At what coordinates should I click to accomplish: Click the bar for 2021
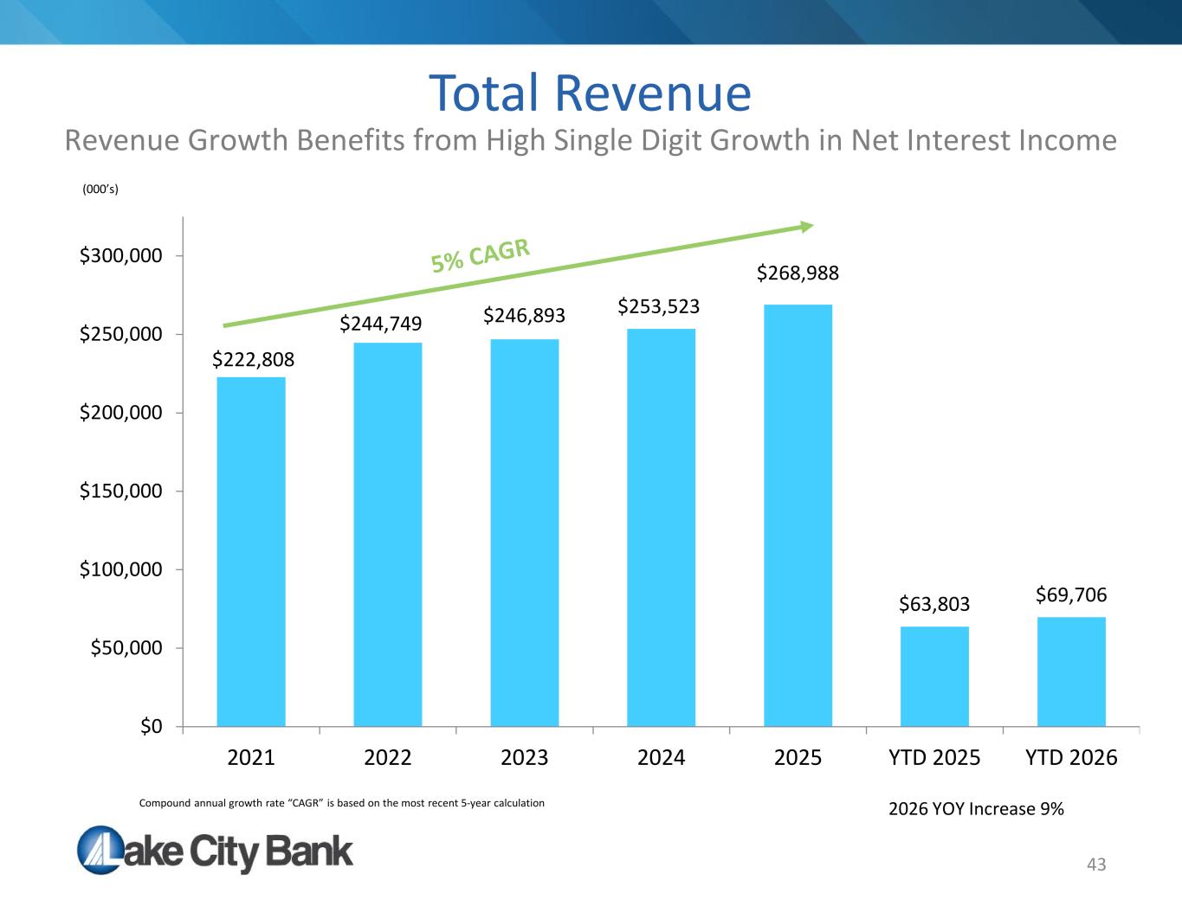click(x=251, y=551)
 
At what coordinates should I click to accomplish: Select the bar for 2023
click(x=525, y=533)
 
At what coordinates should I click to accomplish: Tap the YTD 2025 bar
click(x=934, y=676)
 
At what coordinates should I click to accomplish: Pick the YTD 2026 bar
click(x=1071, y=671)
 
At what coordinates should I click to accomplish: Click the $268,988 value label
click(x=798, y=273)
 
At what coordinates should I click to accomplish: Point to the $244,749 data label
click(x=381, y=324)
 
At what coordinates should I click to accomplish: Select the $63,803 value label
click(x=934, y=604)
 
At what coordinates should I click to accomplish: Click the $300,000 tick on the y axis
click(x=120, y=255)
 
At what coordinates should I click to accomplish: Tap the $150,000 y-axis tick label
click(x=120, y=491)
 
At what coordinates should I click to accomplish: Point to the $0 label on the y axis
click(x=152, y=726)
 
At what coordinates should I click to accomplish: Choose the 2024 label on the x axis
click(x=661, y=758)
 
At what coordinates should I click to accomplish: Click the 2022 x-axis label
click(x=387, y=758)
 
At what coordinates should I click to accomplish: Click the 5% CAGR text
click(x=480, y=255)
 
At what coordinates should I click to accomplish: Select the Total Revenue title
click(x=591, y=93)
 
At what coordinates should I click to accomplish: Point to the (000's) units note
click(x=100, y=190)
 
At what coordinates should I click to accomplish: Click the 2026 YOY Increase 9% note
click(x=976, y=809)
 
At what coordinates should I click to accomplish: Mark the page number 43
click(x=1096, y=864)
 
